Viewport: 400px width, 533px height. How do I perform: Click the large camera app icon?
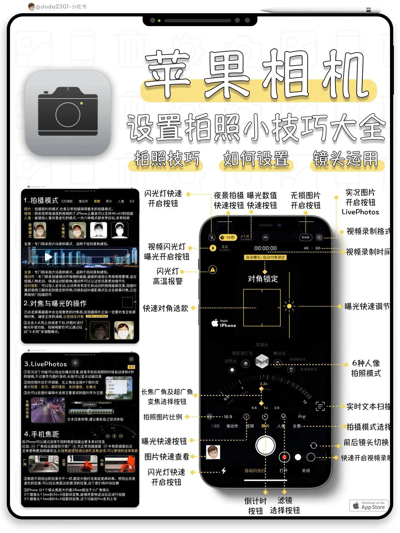pos(68,113)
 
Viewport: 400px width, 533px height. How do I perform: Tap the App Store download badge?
pos(369,505)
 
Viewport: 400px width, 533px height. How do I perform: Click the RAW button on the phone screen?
pos(305,237)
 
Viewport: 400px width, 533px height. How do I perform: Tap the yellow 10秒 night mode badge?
pos(228,237)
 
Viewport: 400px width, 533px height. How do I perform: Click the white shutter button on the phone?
pos(265,446)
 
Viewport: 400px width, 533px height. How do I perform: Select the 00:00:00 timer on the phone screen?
pos(265,248)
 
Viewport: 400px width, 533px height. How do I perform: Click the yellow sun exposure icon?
pos(289,306)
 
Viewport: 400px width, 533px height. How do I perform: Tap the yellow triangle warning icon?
pos(213,270)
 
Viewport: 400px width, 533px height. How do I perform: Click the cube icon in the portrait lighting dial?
pos(262,361)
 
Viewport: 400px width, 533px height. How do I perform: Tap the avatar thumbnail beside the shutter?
pos(213,452)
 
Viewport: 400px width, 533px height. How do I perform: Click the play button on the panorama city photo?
pos(48,257)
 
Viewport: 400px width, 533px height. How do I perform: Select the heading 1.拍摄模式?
pos(41,201)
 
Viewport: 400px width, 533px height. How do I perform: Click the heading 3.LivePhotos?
pos(45,364)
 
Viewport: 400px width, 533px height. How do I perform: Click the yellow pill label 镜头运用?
pos(345,159)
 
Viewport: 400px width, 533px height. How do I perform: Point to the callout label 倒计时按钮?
pos(255,506)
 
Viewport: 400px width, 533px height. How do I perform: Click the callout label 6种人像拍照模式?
pos(366,368)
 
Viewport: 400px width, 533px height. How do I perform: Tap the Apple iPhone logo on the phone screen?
pos(224,323)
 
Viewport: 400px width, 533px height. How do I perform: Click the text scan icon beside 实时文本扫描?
pos(320,406)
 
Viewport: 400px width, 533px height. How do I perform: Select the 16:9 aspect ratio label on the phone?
pos(228,417)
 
